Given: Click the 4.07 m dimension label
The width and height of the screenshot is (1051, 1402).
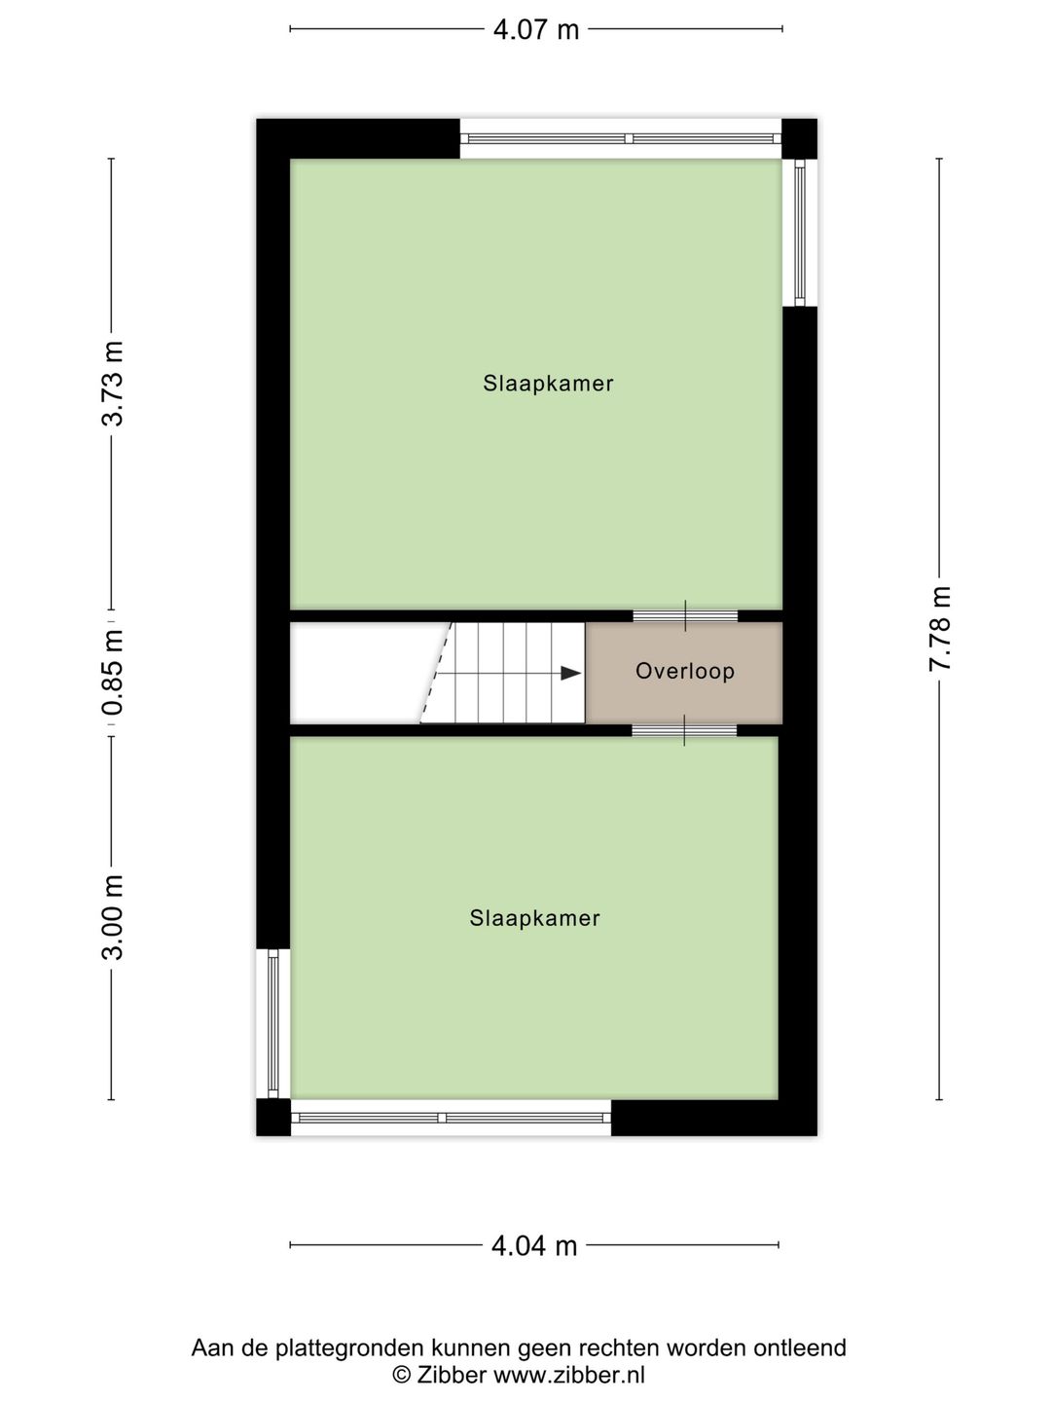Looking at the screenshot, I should click(x=536, y=29).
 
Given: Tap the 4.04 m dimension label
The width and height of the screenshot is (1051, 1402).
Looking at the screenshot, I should click(x=534, y=1244).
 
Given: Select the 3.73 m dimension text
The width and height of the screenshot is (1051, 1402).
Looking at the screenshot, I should click(x=113, y=383).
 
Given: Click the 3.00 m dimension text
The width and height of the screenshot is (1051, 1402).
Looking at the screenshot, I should click(x=113, y=917).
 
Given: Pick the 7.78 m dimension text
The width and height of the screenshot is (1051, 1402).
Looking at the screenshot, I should click(x=940, y=629).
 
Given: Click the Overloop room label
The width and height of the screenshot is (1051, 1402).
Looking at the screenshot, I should click(x=684, y=671).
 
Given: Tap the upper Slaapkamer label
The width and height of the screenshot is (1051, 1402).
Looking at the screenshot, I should click(x=548, y=384).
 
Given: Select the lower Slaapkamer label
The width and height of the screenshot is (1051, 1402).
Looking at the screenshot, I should click(x=534, y=918).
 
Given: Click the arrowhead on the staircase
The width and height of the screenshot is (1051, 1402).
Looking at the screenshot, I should click(x=571, y=673).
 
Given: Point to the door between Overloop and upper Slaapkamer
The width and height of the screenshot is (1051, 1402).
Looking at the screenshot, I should click(x=685, y=615).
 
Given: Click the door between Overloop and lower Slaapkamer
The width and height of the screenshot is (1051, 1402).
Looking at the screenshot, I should click(x=684, y=730).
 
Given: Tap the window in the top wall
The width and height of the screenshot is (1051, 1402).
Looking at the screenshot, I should click(x=621, y=138).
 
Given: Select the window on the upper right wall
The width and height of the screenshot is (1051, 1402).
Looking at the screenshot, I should click(x=800, y=233).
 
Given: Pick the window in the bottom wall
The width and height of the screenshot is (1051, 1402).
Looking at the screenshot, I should click(x=451, y=1118).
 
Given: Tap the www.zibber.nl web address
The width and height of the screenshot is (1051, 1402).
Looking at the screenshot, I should click(x=569, y=1375).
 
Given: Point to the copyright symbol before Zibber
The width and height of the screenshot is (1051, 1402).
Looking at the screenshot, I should click(x=401, y=1375).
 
